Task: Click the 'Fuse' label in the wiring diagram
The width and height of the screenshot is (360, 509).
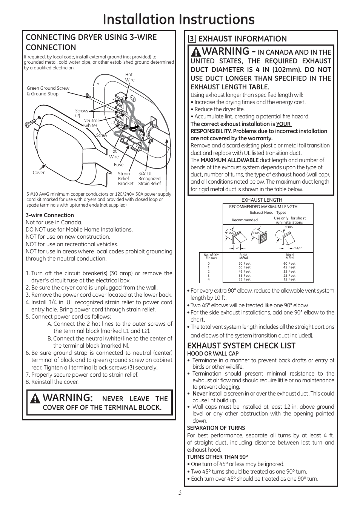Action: (x=118, y=165)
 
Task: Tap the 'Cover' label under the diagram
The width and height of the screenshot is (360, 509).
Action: (x=38, y=173)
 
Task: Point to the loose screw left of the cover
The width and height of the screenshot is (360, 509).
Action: (x=30, y=123)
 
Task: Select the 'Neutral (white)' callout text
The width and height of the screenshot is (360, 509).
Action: (x=91, y=123)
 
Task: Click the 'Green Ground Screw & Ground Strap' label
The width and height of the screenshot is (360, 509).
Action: (x=48, y=91)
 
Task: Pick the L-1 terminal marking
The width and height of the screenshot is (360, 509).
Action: (x=113, y=99)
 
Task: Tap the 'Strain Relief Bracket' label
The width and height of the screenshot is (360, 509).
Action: (x=126, y=179)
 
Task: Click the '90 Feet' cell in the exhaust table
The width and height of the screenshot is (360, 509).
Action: (x=245, y=264)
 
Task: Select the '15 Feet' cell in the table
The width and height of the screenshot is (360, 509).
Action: (x=289, y=279)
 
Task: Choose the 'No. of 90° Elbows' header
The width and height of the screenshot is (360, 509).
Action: (x=211, y=256)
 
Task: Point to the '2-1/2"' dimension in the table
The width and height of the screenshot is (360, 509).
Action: (x=298, y=248)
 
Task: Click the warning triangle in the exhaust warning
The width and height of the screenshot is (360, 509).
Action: (x=196, y=51)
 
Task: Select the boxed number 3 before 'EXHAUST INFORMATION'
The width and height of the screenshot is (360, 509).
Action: (x=192, y=39)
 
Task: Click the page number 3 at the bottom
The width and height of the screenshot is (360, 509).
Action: (x=180, y=492)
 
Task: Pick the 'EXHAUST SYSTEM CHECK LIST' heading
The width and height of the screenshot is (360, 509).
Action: (x=241, y=346)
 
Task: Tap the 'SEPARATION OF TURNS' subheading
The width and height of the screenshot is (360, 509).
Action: (x=216, y=428)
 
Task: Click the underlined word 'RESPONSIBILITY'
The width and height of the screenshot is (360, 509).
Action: (x=211, y=131)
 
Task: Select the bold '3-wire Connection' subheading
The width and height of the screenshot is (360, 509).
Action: (x=50, y=215)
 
